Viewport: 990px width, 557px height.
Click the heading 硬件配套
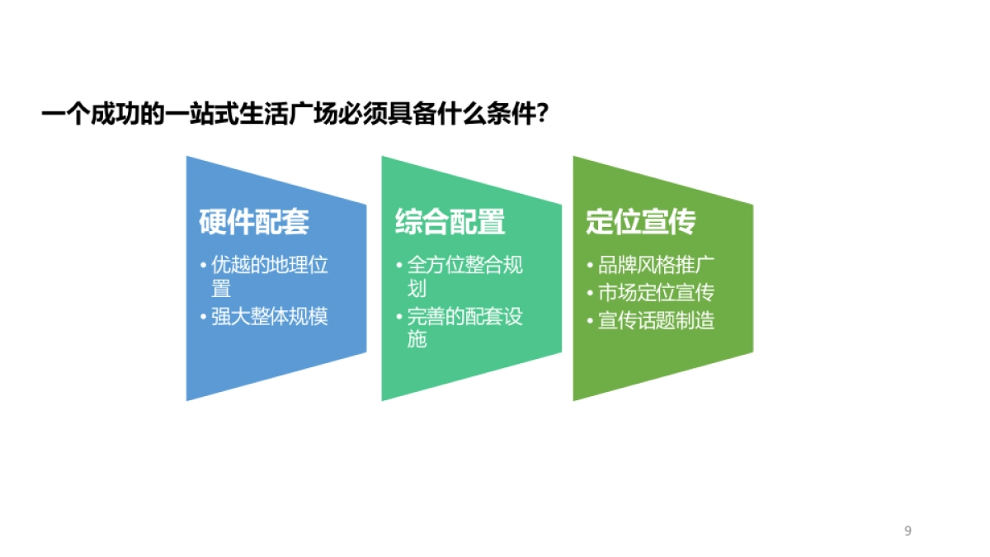coord(254,221)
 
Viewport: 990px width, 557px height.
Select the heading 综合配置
coord(450,221)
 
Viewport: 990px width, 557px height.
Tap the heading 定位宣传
coord(641,221)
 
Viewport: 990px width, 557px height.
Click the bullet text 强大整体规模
coord(270,317)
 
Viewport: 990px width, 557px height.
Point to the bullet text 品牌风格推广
coord(656,266)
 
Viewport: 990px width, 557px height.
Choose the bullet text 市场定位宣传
coord(656,293)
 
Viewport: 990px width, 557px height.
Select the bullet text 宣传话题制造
coord(656,320)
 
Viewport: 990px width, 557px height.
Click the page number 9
coord(907,531)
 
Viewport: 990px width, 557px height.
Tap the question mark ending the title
coord(543,114)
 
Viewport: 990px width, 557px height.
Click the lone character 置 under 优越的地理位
coord(221,289)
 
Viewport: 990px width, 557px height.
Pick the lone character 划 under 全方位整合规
coord(417,289)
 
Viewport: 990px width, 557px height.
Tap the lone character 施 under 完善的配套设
coord(417,339)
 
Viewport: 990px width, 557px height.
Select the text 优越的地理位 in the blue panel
coord(270,266)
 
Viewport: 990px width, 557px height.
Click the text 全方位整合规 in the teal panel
coord(465,266)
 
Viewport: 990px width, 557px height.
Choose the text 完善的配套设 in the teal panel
coord(465,317)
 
